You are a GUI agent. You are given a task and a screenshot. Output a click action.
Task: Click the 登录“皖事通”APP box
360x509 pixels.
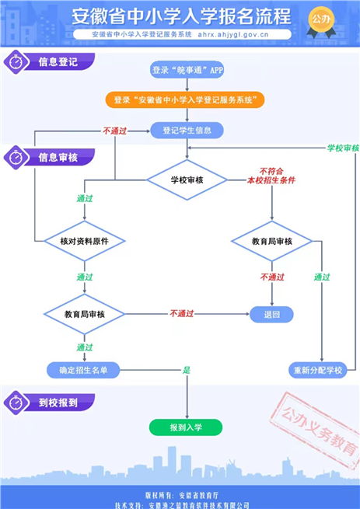[187, 70]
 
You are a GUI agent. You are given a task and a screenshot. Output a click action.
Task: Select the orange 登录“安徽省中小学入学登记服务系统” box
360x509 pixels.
[185, 99]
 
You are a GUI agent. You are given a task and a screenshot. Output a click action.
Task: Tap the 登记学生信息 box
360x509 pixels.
[187, 131]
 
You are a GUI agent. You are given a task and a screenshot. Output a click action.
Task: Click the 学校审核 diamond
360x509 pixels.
[187, 180]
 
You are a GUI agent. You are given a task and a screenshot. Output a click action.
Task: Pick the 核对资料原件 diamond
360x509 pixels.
[85, 241]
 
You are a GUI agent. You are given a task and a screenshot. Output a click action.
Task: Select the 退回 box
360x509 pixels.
[271, 314]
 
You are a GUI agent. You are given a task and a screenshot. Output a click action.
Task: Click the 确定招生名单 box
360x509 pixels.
[83, 370]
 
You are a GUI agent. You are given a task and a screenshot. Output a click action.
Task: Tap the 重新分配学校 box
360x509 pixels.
[318, 370]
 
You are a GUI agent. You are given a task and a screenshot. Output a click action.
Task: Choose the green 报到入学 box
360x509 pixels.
[186, 427]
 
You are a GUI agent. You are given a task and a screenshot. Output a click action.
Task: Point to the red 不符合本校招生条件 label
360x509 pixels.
[271, 176]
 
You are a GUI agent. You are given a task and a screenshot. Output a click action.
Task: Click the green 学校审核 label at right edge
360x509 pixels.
[343, 148]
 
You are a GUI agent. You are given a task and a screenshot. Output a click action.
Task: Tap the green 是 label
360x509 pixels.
[187, 370]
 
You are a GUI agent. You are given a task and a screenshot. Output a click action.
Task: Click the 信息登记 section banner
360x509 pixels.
[50, 61]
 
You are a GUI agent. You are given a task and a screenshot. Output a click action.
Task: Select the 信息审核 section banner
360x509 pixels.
[50, 158]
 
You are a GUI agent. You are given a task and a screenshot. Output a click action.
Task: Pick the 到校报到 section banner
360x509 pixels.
[50, 403]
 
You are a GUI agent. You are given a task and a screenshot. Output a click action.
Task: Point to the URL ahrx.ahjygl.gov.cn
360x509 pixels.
[233, 34]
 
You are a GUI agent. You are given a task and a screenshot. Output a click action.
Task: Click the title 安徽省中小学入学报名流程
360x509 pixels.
[181, 16]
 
